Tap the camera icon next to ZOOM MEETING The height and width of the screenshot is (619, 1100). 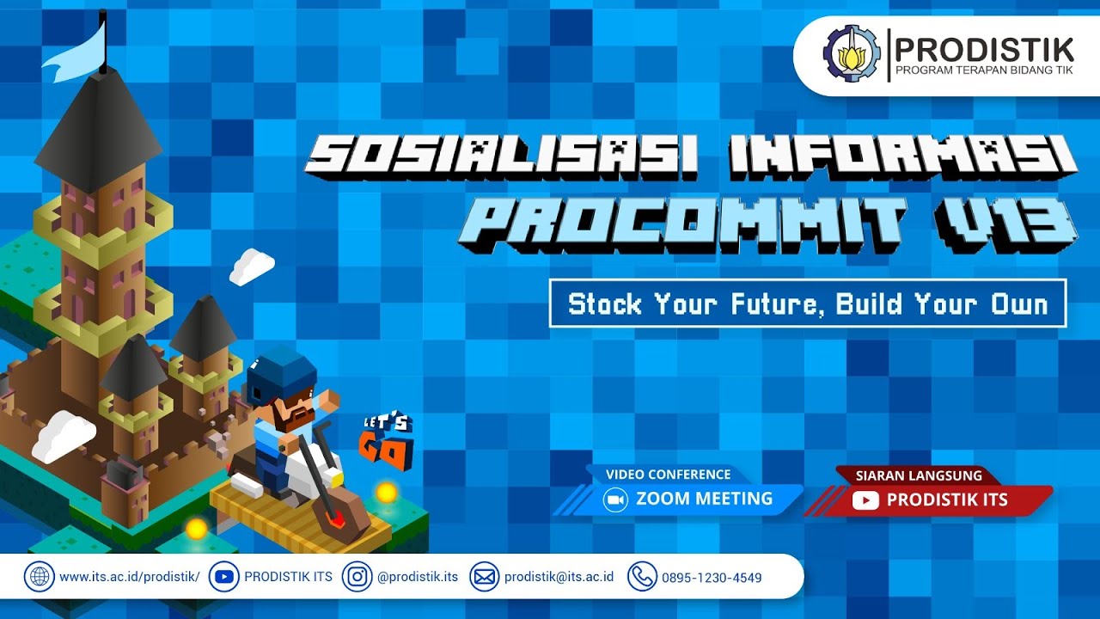click(x=615, y=499)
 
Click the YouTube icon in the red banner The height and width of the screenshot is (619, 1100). click(x=865, y=500)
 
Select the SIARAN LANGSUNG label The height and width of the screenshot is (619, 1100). click(x=918, y=475)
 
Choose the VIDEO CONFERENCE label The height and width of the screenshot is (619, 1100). click(x=668, y=475)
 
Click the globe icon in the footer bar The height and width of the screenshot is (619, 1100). click(x=39, y=577)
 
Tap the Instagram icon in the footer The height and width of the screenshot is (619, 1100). click(x=357, y=577)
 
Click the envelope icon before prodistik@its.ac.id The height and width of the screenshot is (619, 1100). click(x=484, y=577)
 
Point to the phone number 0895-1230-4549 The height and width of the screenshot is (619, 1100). click(x=712, y=578)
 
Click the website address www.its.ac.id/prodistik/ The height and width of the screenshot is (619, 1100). click(x=129, y=577)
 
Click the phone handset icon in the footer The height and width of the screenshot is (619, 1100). click(x=641, y=577)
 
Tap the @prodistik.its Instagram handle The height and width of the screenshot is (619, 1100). click(x=418, y=577)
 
